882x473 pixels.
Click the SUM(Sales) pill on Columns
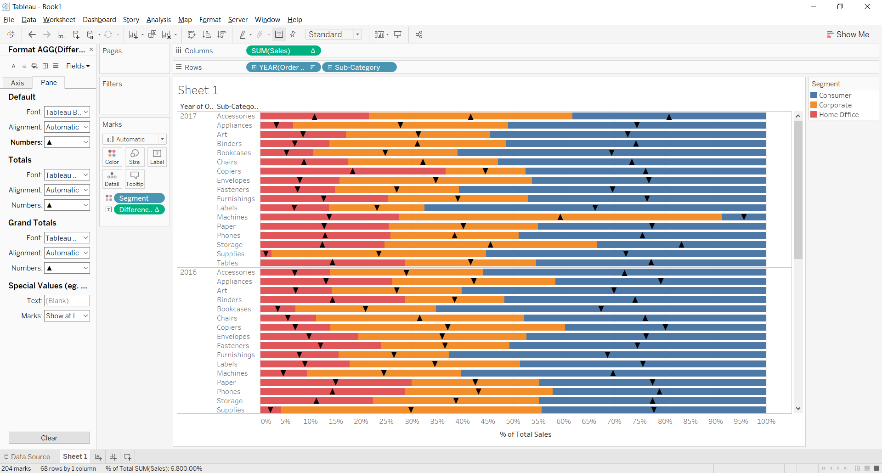(276, 51)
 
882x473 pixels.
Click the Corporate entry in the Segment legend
(835, 105)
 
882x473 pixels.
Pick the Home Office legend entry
(838, 115)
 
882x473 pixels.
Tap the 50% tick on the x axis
(513, 422)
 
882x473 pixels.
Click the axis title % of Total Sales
(526, 434)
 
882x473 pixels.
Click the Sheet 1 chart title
(198, 90)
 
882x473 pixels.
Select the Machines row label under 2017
(232, 217)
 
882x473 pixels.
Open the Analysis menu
(158, 20)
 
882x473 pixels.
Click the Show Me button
(848, 34)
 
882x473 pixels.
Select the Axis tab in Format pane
(17, 83)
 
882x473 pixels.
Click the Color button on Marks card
(112, 157)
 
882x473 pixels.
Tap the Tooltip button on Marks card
(135, 179)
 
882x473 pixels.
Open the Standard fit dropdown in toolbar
(334, 34)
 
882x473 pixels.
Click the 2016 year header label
(188, 272)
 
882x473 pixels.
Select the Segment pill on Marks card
(138, 198)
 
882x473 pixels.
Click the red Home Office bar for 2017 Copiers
(322, 171)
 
